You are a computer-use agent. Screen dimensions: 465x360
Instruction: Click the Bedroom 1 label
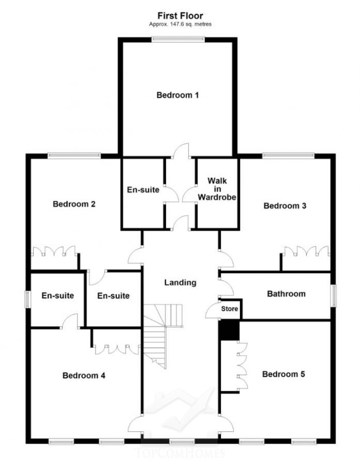click(x=178, y=95)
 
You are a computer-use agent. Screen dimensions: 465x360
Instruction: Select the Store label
click(x=230, y=309)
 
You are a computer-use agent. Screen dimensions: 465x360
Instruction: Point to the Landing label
click(x=180, y=282)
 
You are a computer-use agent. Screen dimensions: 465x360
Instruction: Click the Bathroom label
click(x=286, y=294)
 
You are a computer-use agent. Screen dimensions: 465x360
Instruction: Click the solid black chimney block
click(x=228, y=330)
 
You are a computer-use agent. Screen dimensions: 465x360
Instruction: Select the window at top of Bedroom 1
click(x=178, y=39)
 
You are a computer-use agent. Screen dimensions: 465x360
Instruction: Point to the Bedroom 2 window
click(x=74, y=156)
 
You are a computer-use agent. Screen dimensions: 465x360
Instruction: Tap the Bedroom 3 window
click(x=288, y=156)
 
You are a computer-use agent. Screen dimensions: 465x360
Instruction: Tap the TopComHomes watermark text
click(x=180, y=453)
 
